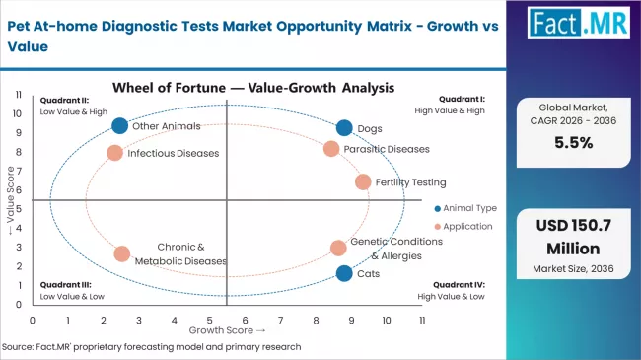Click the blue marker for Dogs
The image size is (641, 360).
(x=343, y=127)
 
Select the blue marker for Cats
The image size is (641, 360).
(x=343, y=273)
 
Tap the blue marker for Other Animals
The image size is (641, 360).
(x=120, y=125)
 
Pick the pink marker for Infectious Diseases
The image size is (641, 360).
(x=114, y=153)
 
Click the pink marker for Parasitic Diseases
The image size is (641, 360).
(x=331, y=149)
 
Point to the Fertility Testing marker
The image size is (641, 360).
(x=363, y=181)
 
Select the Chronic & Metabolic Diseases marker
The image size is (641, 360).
(x=121, y=253)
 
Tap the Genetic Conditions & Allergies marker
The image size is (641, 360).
(x=338, y=248)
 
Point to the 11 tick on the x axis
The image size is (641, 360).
(x=422, y=321)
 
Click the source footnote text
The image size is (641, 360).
(x=151, y=347)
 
